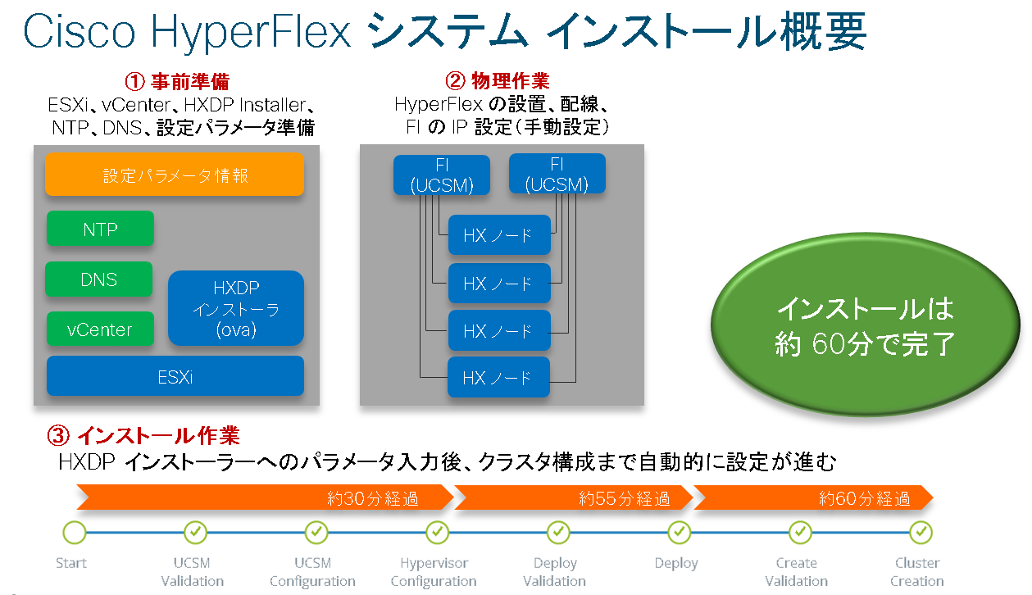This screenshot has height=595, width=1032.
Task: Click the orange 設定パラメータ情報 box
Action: (x=175, y=175)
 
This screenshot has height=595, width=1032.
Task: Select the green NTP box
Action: (x=100, y=229)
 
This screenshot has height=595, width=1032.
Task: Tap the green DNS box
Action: (x=98, y=279)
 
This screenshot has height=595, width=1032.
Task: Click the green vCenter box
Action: (x=100, y=329)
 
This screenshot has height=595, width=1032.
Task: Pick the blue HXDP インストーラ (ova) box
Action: (x=236, y=308)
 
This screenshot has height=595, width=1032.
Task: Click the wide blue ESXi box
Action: (x=175, y=376)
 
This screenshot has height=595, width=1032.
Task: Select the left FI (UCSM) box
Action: (x=442, y=175)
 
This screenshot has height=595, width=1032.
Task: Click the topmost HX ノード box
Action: (x=498, y=236)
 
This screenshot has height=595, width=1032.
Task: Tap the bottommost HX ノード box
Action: (x=498, y=378)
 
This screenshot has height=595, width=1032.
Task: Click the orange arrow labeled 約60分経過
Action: (x=812, y=497)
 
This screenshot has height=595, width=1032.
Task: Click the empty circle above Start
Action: (x=74, y=533)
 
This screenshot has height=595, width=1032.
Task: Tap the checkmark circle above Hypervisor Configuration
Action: (x=437, y=533)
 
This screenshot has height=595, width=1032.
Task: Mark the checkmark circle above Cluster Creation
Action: (x=921, y=533)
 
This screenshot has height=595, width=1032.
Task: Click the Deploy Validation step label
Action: (x=555, y=572)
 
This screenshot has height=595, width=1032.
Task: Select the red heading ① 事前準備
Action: (x=176, y=81)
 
